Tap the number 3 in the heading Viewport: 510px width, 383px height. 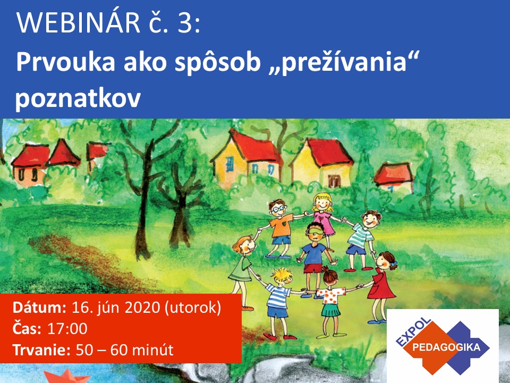point(185,23)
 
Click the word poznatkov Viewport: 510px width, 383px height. point(78,98)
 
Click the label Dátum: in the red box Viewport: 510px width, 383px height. point(39,307)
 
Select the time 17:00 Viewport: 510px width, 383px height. point(67,329)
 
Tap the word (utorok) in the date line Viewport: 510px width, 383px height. point(193,308)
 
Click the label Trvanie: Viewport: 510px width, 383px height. point(41,350)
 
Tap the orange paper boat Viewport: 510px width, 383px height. point(67,376)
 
